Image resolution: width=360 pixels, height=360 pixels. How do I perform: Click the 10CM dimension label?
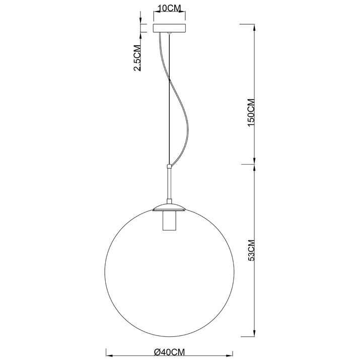(x=170, y=8)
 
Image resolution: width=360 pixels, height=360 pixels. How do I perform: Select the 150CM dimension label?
(x=251, y=112)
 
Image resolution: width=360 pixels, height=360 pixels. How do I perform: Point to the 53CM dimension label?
(x=251, y=250)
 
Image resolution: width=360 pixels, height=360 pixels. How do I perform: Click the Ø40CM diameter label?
(x=170, y=352)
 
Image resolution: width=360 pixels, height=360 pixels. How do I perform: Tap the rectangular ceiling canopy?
(x=170, y=28)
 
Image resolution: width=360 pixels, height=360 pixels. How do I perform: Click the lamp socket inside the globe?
(x=169, y=221)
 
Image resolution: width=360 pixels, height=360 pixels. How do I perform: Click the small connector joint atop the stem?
(x=169, y=166)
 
